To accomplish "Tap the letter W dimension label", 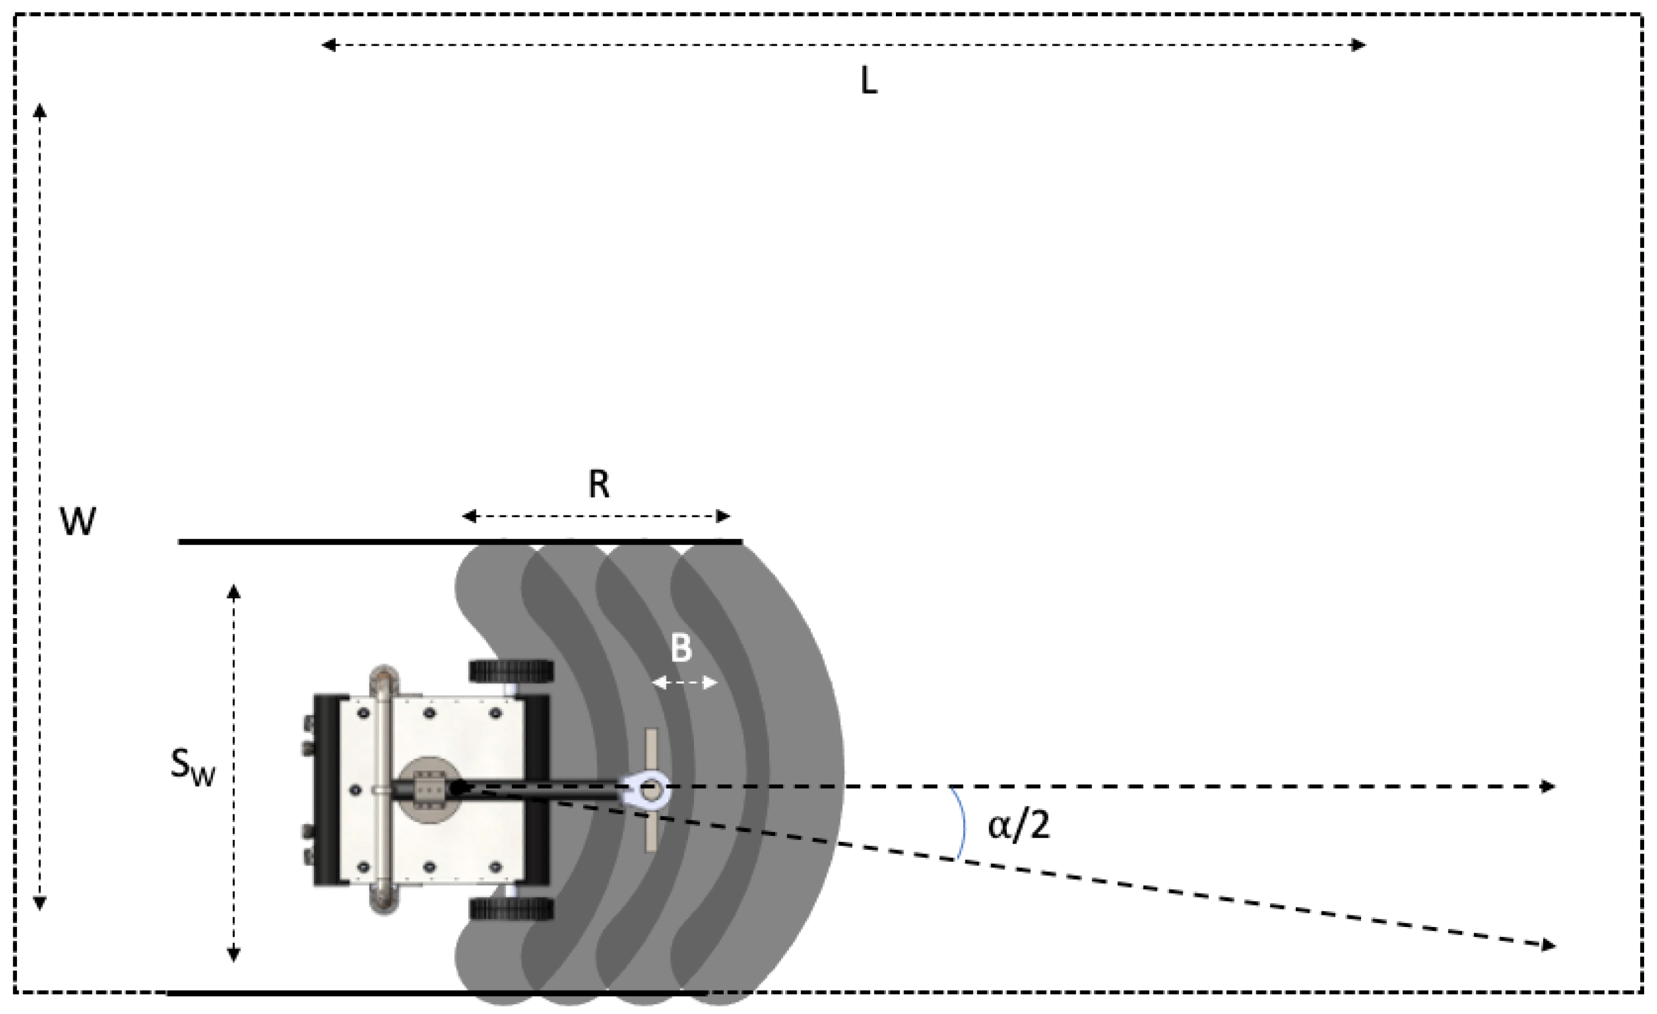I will point(78,521).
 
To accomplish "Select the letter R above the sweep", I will point(598,483).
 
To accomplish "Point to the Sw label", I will point(191,766).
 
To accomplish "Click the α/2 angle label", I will point(1018,825).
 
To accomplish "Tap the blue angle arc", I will point(963,824).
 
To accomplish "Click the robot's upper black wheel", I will point(511,671).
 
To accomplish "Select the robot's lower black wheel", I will point(511,910).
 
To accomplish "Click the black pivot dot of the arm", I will point(458,787).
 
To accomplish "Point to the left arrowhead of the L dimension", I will point(328,45).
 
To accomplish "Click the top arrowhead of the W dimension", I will point(40,110).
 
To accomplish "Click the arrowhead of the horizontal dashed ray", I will point(1548,786).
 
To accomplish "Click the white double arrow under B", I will point(685,683).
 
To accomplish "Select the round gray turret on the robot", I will point(428,789).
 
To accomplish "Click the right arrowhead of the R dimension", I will point(723,517).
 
